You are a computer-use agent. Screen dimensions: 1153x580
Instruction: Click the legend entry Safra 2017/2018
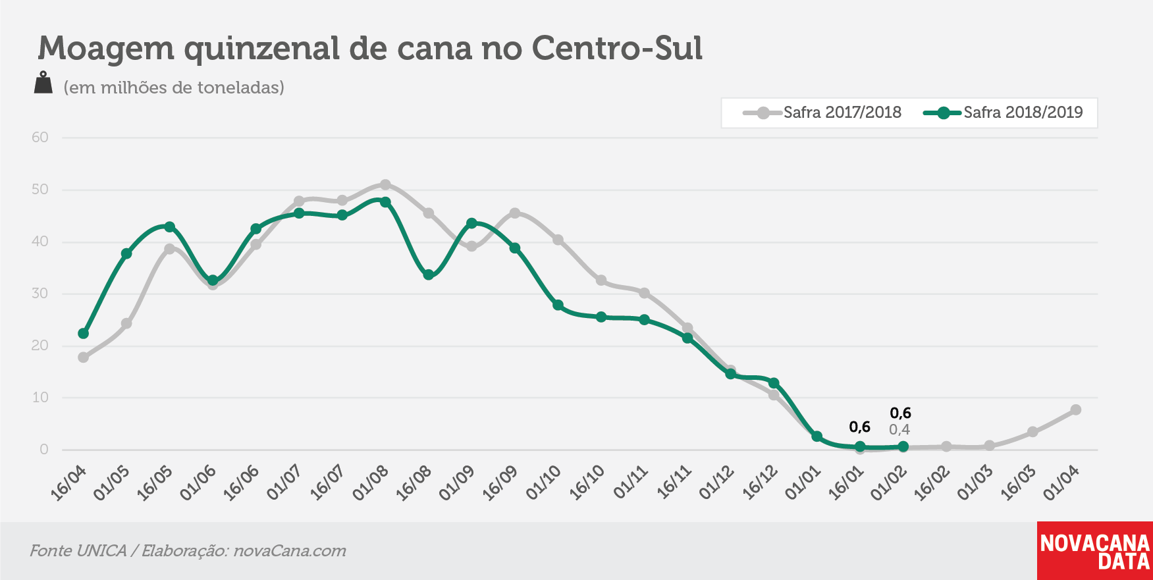[x=822, y=113]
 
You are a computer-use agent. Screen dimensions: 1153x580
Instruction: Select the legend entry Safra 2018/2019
[x=1003, y=113]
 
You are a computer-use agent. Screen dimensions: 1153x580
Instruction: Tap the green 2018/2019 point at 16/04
[x=84, y=334]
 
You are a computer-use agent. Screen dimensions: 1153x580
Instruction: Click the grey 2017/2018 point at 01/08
[x=385, y=185]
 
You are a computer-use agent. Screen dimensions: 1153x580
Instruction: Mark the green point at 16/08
[x=429, y=275]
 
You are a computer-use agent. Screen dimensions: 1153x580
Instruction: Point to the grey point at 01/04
[x=1076, y=409]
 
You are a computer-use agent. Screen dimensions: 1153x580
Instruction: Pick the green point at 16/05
[x=169, y=227]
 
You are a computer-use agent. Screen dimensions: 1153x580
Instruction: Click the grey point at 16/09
[x=515, y=213]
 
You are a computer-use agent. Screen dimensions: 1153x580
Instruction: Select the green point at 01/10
[x=558, y=305]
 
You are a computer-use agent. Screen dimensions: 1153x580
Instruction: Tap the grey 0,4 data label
[x=899, y=430]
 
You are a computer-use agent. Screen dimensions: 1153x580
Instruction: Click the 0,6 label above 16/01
[x=860, y=427]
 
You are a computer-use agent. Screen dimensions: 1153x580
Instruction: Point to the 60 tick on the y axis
[x=40, y=138]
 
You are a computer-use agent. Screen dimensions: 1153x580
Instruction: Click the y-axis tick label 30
[x=40, y=294]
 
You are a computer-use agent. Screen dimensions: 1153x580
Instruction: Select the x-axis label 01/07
[x=284, y=482]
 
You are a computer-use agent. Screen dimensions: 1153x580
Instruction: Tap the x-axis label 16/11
[x=675, y=482]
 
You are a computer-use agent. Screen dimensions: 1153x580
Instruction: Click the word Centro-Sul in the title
[x=618, y=48]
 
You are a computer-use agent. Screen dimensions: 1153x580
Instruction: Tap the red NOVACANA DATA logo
[x=1095, y=551]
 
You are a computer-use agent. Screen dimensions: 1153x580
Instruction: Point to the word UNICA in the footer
[x=101, y=551]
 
